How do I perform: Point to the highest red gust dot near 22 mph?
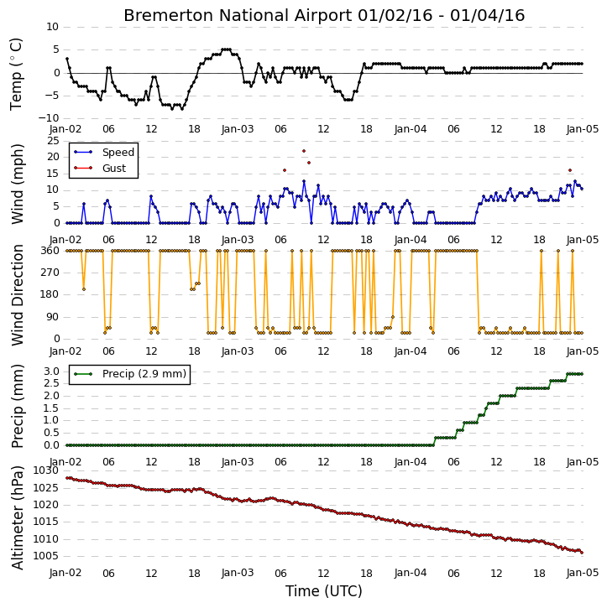pos(304,151)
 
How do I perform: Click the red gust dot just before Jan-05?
pos(570,170)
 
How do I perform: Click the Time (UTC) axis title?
pos(324,591)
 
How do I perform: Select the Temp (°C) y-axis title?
pos(17,74)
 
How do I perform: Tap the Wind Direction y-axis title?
pos(18,295)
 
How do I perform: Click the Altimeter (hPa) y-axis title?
pos(18,518)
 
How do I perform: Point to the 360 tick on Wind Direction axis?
pos(50,251)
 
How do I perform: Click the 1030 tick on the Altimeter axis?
pos(46,470)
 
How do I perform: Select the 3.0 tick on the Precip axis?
pos(51,372)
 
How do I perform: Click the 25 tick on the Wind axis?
pos(53,140)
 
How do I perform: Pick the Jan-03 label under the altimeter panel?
pos(238,573)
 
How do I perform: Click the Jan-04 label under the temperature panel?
pos(411,129)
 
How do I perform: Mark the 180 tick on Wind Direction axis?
pos(50,294)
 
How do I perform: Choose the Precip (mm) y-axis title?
pos(18,407)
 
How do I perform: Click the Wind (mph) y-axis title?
pos(18,184)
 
